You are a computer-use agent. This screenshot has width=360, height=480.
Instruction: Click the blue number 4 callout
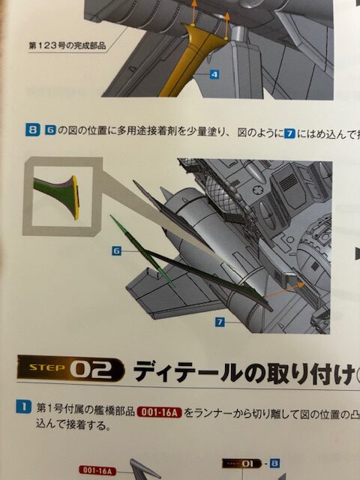(x=214, y=74)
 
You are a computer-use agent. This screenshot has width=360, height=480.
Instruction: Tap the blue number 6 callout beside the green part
(x=117, y=251)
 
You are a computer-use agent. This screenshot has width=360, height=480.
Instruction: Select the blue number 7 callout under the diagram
(x=220, y=322)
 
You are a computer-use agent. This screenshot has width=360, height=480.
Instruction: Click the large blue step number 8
(x=32, y=130)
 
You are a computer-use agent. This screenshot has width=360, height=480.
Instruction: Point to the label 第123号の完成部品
(x=67, y=46)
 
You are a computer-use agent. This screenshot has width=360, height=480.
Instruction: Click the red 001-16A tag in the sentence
(x=160, y=412)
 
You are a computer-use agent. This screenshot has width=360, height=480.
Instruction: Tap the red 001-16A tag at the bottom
(x=97, y=470)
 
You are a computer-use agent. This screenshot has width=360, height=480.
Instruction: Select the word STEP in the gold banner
(x=46, y=367)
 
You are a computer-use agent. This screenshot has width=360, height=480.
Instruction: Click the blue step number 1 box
(x=23, y=407)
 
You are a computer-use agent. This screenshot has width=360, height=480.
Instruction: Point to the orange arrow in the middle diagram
(x=285, y=289)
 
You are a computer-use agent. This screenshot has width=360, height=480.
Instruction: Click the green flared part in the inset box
(x=55, y=195)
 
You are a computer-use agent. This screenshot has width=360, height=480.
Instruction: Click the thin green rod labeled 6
(x=142, y=251)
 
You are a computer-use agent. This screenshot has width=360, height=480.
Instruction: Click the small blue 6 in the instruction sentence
(x=50, y=130)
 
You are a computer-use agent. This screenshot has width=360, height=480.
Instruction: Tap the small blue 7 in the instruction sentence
(x=289, y=133)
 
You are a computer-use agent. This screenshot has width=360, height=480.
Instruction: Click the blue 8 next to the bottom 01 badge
(x=274, y=463)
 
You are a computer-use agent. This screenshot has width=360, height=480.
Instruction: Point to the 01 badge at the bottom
(x=241, y=463)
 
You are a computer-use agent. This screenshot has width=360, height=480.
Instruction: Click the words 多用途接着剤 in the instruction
(x=145, y=131)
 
